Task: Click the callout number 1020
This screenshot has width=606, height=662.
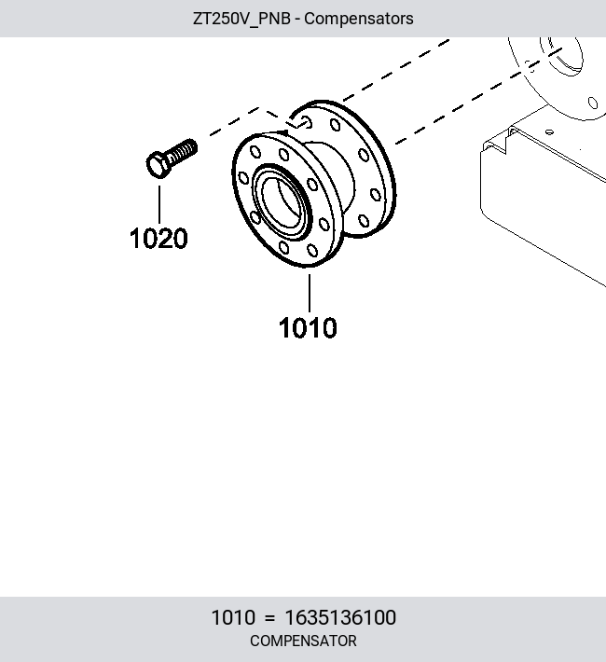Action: (x=158, y=238)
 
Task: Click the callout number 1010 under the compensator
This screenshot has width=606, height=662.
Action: (x=308, y=327)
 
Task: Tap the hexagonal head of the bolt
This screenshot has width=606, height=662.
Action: (x=158, y=165)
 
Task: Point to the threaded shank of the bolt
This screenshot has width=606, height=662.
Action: (x=183, y=151)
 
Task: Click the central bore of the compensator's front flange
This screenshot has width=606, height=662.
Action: (x=282, y=202)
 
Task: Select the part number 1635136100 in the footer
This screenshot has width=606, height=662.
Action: (x=340, y=617)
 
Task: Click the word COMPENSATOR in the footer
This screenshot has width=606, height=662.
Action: (x=303, y=641)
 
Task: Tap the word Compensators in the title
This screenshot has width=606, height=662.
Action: (x=359, y=19)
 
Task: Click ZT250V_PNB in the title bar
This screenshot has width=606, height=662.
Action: (x=241, y=19)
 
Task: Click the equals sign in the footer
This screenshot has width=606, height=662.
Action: (x=269, y=618)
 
